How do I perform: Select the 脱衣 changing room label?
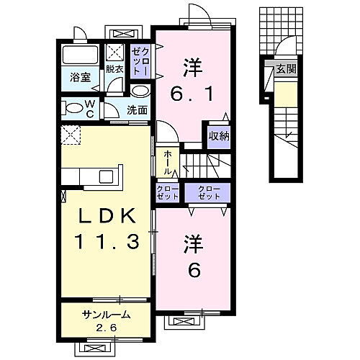coord(114,69)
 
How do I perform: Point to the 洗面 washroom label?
coord(138,109)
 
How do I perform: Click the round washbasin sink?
coord(140,91)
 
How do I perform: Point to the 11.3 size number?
coord(106,243)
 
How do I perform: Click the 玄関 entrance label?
coord(287,69)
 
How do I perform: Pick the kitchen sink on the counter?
coord(106,177)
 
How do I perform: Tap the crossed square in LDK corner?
coord(70,134)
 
